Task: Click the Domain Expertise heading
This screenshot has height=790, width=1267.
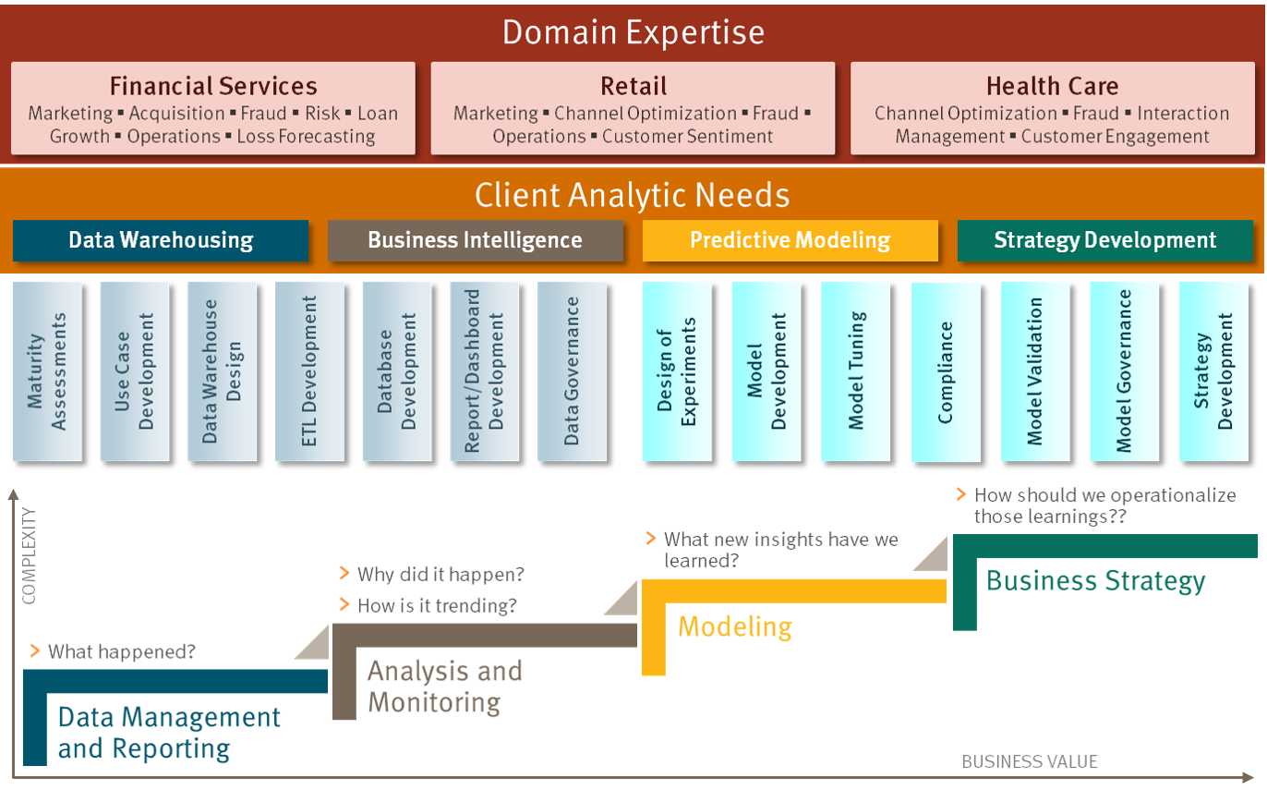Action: point(633,32)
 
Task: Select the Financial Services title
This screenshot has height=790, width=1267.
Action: point(213,86)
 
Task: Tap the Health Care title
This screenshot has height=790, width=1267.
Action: point(1052,86)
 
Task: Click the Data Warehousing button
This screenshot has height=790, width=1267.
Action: point(161,240)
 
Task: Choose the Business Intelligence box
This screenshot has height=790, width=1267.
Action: point(475,240)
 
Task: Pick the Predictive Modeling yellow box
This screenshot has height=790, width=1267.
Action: point(790,240)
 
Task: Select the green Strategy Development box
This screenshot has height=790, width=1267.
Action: point(1105,240)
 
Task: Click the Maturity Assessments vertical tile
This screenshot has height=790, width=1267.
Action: point(47,371)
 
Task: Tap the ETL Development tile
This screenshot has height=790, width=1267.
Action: point(309,371)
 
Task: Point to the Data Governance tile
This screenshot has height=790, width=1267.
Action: point(572,371)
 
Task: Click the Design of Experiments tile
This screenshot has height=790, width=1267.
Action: point(677,371)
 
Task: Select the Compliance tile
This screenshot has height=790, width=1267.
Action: point(946,371)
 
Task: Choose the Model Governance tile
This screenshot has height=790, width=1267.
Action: point(1125,371)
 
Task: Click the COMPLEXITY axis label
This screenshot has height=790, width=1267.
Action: point(29,556)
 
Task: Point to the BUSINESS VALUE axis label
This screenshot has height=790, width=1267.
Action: point(1030,761)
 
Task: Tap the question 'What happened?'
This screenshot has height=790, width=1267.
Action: point(122,652)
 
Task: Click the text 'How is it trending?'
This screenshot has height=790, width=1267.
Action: point(437,605)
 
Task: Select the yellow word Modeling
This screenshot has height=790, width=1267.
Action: point(735,627)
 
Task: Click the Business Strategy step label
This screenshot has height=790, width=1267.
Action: point(1095,581)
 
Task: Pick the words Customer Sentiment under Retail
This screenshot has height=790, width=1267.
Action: point(687,137)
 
